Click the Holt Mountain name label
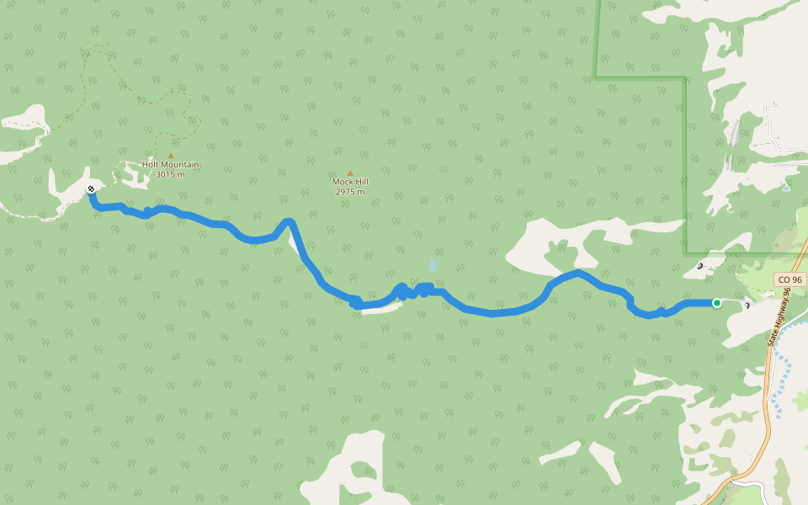[171, 165]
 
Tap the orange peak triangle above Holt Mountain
[171, 156]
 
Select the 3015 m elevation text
[170, 175]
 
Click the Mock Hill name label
[350, 182]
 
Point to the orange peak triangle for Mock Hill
[350, 173]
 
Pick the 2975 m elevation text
[350, 192]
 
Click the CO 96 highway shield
[790, 279]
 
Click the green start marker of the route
[716, 303]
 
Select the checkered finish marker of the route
[91, 189]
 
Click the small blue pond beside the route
[433, 266]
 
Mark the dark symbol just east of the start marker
[747, 306]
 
